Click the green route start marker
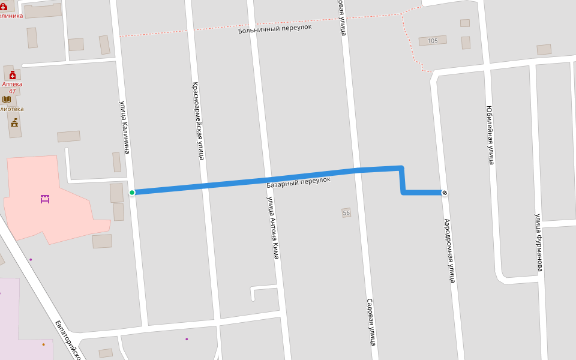point(132,193)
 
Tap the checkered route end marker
point(445,193)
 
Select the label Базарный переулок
point(298,180)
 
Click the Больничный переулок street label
point(275,28)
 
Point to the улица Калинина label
point(124,127)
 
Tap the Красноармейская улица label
point(199,121)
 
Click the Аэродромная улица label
point(449,250)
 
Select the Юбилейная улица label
point(490,135)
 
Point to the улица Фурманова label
point(539,242)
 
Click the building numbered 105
point(433,41)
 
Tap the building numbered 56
point(346,213)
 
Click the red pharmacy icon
point(12,75)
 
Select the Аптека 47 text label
point(12,88)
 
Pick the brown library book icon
point(7,100)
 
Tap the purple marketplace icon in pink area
point(45,199)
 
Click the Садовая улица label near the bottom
point(371,322)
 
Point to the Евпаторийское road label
point(68,340)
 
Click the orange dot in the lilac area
point(43,344)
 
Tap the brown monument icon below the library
point(14,122)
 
